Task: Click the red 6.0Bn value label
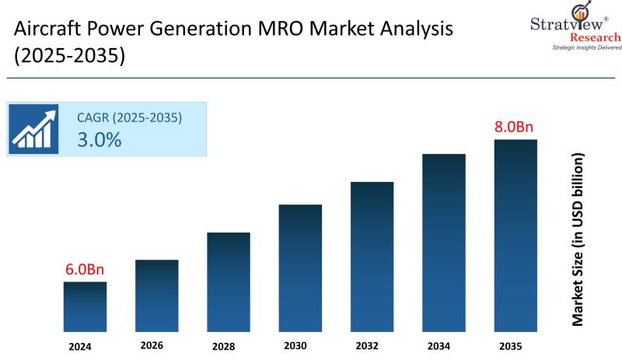pyautogui.click(x=84, y=269)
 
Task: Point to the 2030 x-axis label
pyautogui.click(x=295, y=346)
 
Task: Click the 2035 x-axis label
pyautogui.click(x=510, y=346)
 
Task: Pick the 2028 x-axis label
pyautogui.click(x=223, y=346)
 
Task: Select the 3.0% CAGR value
pyautogui.click(x=99, y=140)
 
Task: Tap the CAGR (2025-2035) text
pyautogui.click(x=129, y=118)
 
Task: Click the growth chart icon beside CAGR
pyautogui.click(x=34, y=129)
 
